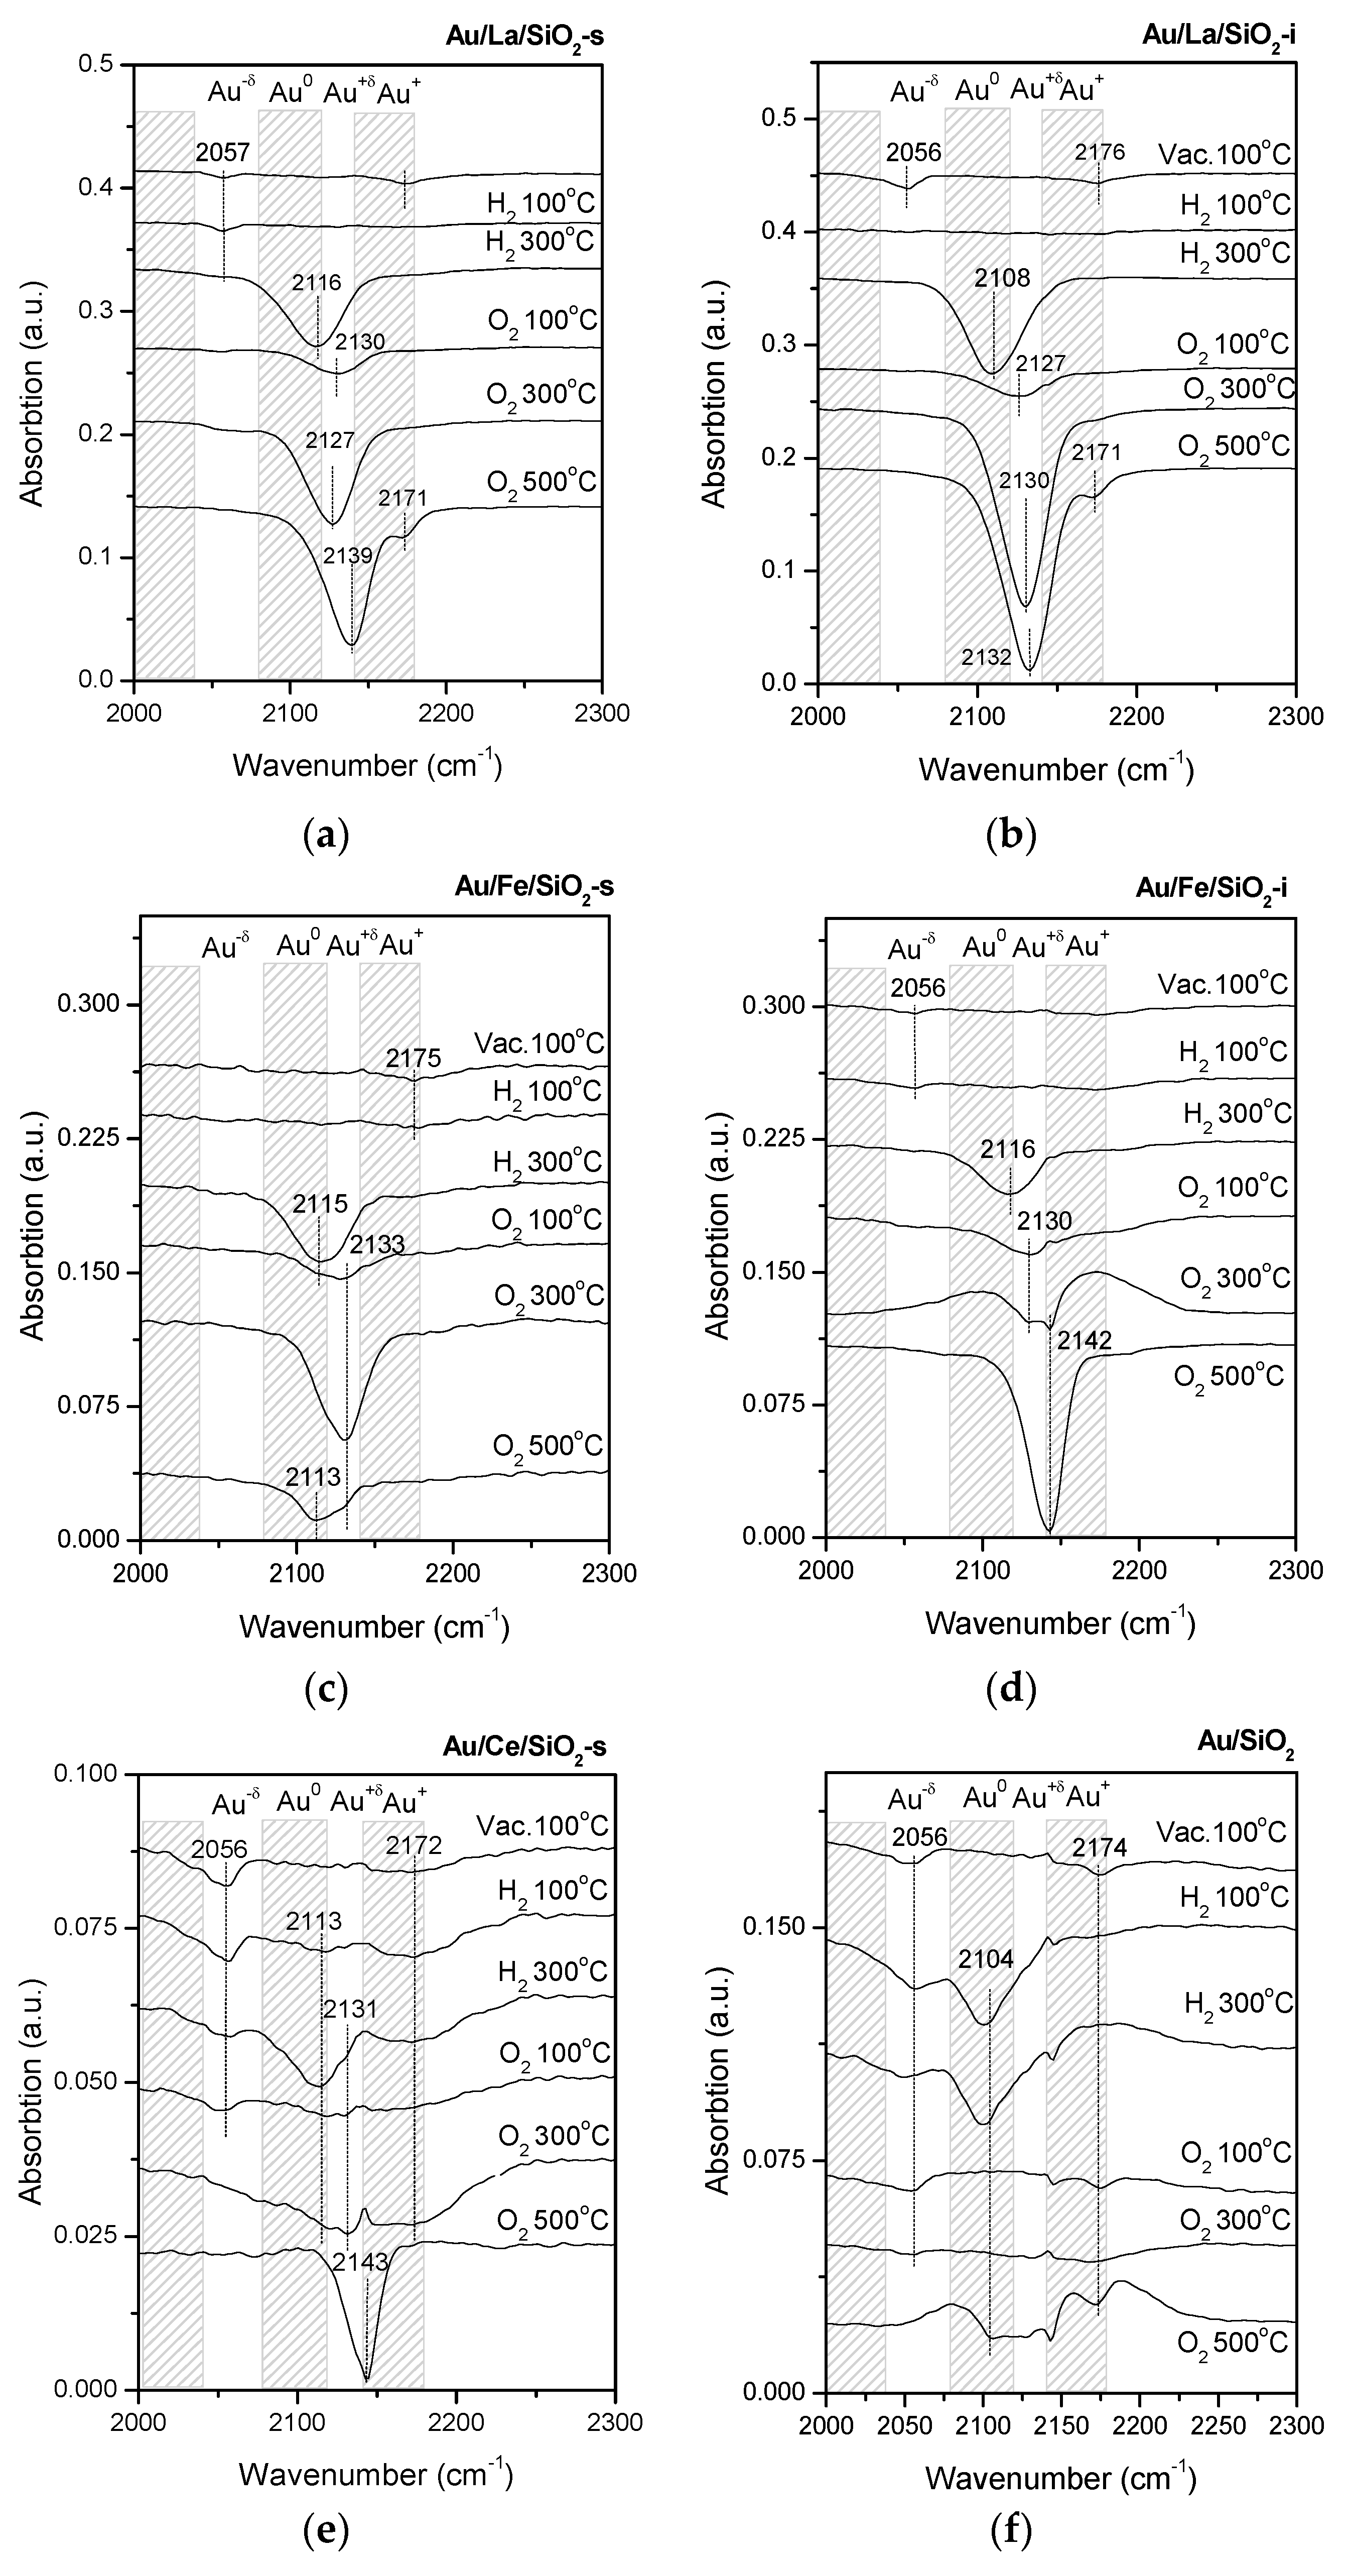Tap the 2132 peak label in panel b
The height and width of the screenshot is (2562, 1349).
click(x=986, y=656)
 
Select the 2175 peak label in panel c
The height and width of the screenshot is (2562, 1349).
click(x=414, y=1059)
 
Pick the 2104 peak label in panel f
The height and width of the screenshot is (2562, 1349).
click(x=986, y=1958)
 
